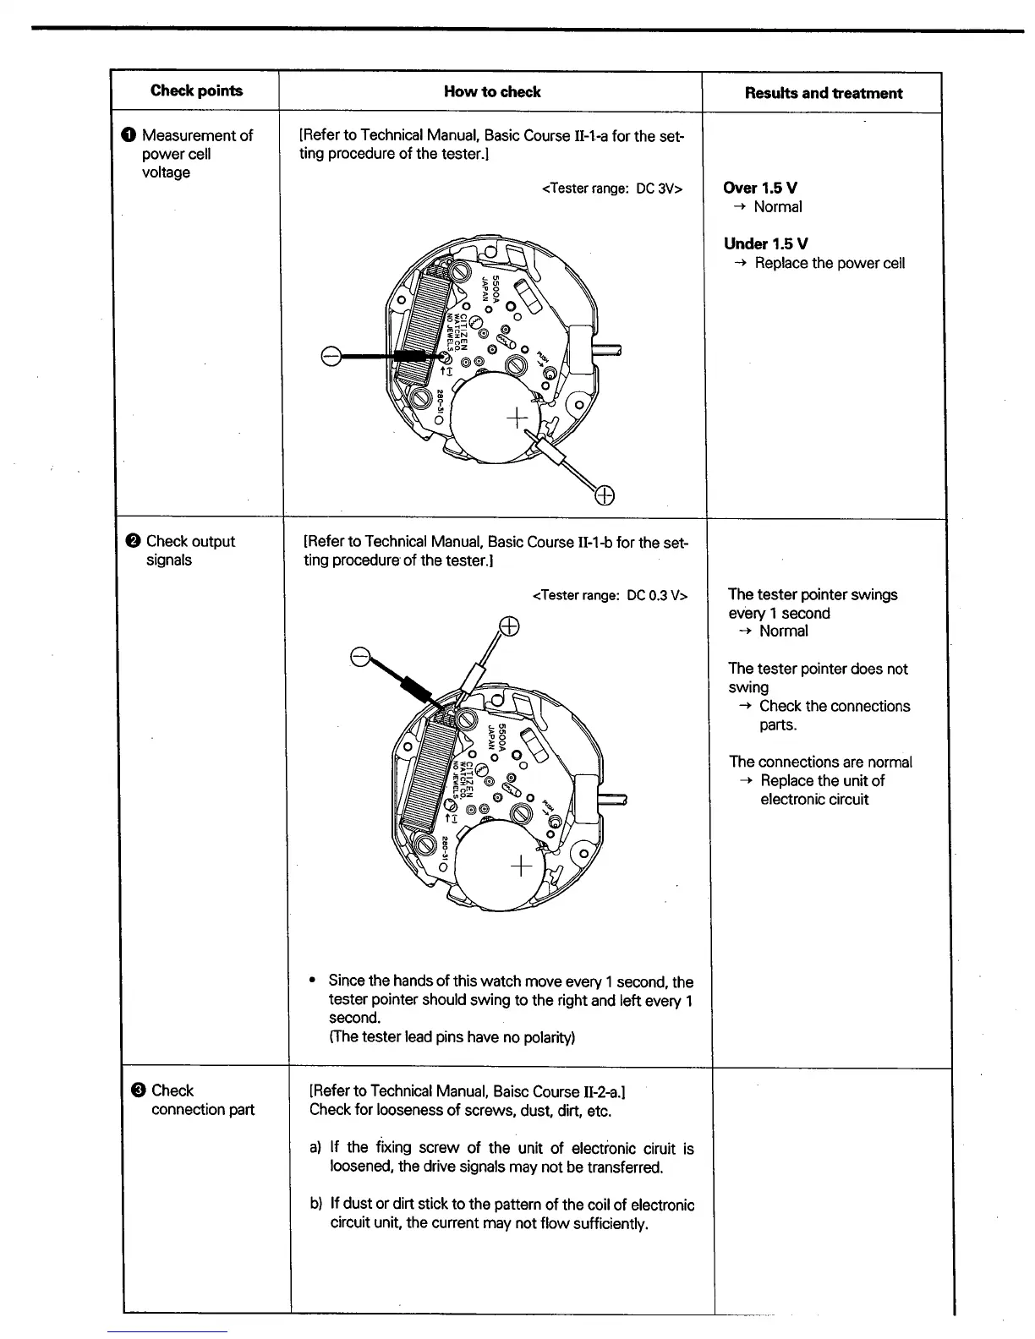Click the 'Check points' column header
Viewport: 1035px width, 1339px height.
[x=196, y=91]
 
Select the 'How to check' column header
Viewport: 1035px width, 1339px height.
[x=492, y=92]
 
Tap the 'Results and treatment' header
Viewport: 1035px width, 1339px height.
[x=823, y=93]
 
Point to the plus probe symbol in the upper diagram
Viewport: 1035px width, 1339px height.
[x=605, y=495]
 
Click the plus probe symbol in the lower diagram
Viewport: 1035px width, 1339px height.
[x=508, y=626]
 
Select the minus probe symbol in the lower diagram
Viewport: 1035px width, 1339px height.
[x=360, y=657]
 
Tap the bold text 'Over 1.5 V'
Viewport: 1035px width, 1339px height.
[x=760, y=188]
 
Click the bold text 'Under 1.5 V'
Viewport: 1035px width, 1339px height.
[x=765, y=243]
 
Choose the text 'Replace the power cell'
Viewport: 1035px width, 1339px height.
[x=829, y=263]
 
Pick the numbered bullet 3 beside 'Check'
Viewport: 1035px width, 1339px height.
[x=138, y=1091]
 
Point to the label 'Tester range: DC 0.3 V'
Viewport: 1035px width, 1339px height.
[x=610, y=596]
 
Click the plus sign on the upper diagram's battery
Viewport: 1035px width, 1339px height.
[x=515, y=418]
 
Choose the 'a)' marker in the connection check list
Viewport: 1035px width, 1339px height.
[x=315, y=1147]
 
